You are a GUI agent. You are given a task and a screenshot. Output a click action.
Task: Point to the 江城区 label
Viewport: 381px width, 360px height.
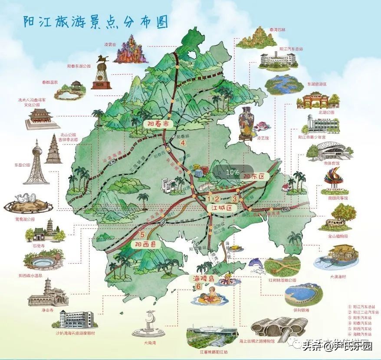[219, 208]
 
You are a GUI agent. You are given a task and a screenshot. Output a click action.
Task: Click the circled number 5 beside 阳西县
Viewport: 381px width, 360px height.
[142, 235]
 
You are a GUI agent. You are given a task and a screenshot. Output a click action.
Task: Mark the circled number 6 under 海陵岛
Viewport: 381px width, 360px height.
[198, 286]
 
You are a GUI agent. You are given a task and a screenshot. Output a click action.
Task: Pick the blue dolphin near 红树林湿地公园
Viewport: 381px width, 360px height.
[256, 263]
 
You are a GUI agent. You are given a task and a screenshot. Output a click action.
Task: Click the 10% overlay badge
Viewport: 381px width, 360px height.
[233, 172]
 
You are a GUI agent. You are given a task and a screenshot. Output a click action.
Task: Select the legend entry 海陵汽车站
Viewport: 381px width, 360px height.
[362, 334]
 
